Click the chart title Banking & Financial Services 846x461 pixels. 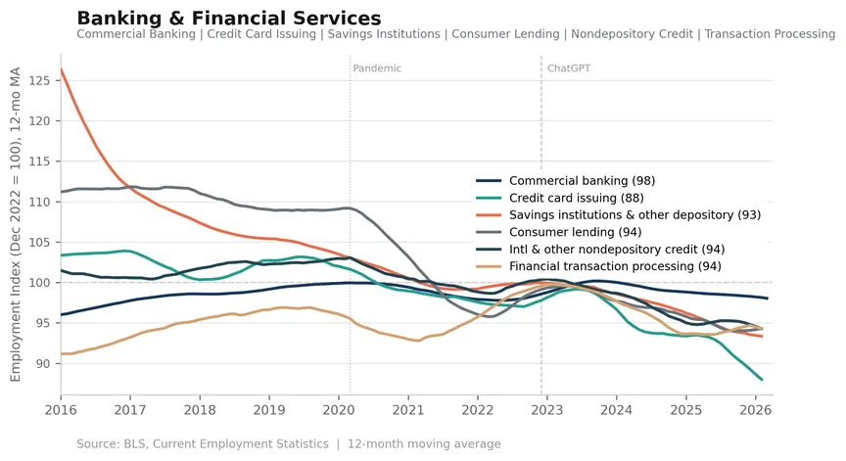point(229,19)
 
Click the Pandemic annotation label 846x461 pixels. point(377,69)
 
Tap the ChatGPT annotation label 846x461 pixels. point(569,69)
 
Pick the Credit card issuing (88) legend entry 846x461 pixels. point(560,198)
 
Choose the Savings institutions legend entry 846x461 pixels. point(618,214)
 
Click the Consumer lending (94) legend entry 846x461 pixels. point(558,232)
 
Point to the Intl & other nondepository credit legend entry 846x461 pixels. point(600,250)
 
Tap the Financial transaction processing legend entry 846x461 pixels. point(598,266)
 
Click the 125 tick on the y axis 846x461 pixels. point(39,81)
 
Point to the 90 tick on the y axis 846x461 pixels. point(43,364)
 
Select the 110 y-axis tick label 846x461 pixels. point(39,203)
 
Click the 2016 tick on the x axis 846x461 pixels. point(61,410)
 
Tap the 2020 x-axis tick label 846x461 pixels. point(339,410)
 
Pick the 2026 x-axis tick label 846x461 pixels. point(755,410)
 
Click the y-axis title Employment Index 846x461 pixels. point(15,224)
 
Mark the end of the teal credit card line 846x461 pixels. point(762,380)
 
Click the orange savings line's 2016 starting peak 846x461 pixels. point(61,69)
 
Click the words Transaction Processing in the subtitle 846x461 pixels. point(770,34)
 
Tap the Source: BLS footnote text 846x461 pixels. point(289,443)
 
